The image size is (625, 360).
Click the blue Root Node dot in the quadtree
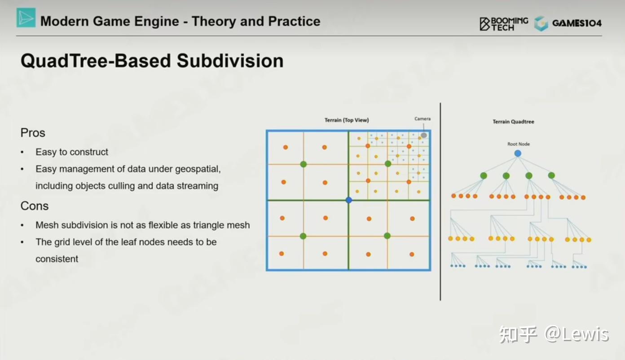tap(518, 154)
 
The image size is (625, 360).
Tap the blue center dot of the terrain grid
tap(349, 200)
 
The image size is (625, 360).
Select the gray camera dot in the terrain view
tap(423, 135)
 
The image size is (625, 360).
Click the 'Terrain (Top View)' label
tap(347, 120)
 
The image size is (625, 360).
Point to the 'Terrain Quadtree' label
tap(513, 122)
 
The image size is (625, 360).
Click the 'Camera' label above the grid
tap(423, 119)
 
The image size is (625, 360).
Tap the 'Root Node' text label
tap(519, 144)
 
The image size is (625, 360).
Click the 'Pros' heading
tap(33, 133)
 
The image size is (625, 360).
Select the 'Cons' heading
tap(34, 206)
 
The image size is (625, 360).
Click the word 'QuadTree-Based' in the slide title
tap(96, 61)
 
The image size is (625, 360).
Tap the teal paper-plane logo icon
tap(26, 18)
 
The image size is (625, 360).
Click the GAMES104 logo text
tap(577, 23)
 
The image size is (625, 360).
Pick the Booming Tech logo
tap(504, 24)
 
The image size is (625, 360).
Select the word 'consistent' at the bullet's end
tap(57, 259)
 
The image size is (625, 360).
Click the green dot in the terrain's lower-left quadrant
tap(303, 236)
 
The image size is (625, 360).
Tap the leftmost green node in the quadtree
tap(484, 176)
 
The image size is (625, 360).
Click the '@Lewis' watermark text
tap(577, 334)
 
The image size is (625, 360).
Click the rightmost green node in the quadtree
tap(551, 176)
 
